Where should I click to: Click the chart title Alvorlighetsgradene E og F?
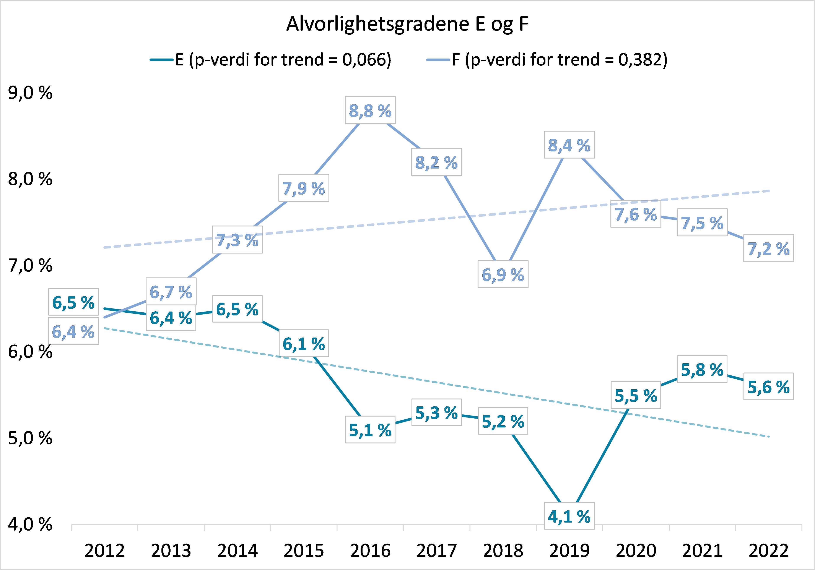click(x=407, y=24)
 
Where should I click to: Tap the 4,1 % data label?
click(x=569, y=516)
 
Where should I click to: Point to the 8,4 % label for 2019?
click(x=569, y=145)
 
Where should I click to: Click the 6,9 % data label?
click(x=503, y=274)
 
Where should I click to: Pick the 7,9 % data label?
click(x=304, y=188)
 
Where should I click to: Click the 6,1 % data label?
click(x=304, y=343)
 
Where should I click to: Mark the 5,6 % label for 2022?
click(x=768, y=386)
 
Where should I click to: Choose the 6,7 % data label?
click(x=171, y=292)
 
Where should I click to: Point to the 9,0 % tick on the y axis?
click(x=30, y=93)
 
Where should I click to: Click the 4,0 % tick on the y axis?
click(x=30, y=524)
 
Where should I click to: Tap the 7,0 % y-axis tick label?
click(x=30, y=265)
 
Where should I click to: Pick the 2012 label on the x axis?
click(x=104, y=551)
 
